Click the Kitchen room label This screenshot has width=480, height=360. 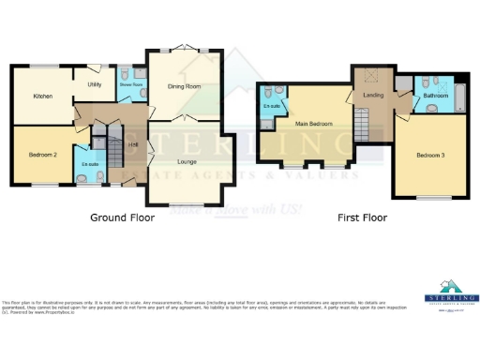(x=42, y=96)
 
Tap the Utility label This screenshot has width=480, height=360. (x=95, y=84)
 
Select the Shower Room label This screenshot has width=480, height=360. (x=130, y=84)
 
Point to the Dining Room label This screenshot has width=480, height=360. (x=185, y=86)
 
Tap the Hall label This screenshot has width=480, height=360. (x=134, y=144)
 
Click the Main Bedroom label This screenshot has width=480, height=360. (x=314, y=123)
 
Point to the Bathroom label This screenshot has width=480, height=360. (x=435, y=96)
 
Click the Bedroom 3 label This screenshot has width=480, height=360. (x=430, y=155)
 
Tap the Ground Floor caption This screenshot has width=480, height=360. (x=122, y=217)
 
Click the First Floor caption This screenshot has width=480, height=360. (x=362, y=217)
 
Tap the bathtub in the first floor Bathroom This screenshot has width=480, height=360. (x=460, y=94)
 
